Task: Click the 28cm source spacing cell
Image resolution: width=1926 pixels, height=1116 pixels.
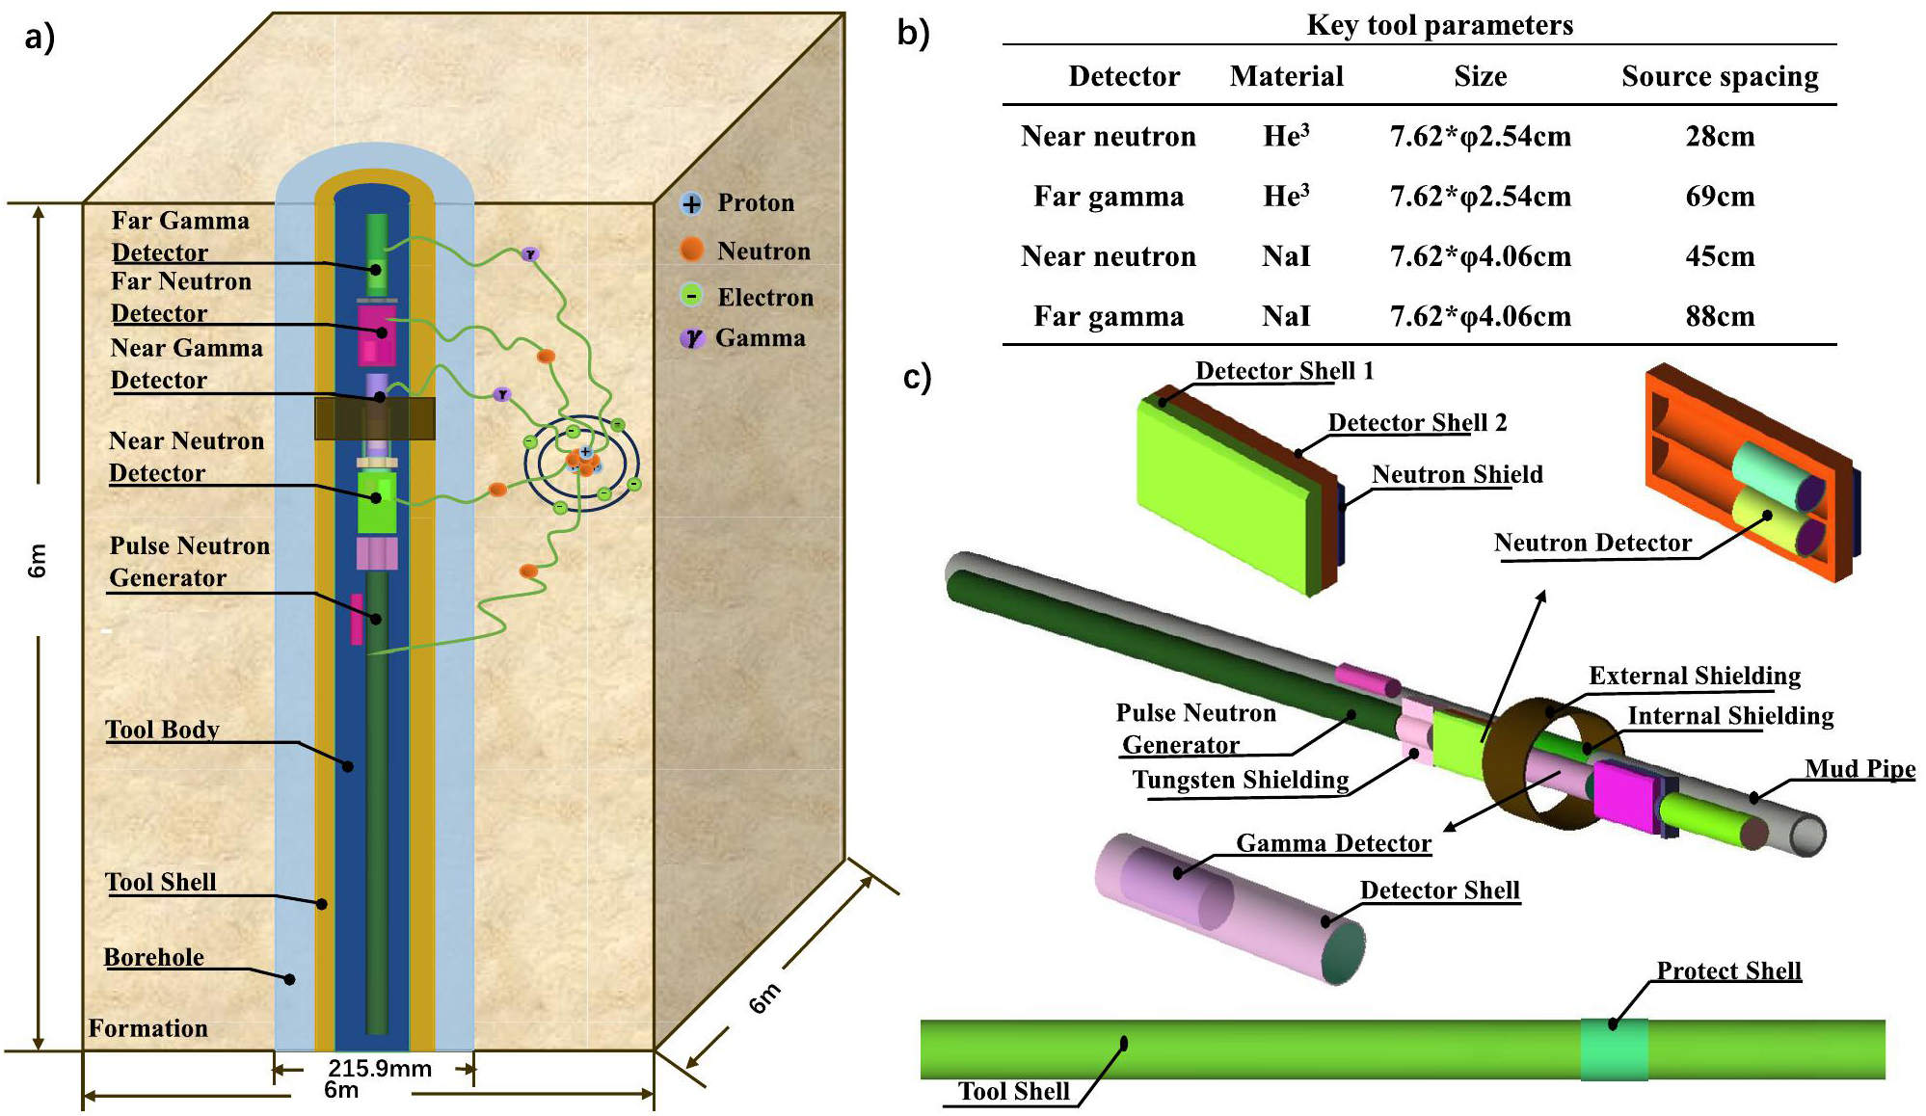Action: coord(1720,137)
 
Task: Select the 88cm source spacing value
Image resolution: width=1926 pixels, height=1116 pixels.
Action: coord(1720,316)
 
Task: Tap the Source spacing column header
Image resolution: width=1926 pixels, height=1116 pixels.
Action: coord(1720,76)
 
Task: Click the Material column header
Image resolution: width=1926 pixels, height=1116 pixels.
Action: coord(1286,76)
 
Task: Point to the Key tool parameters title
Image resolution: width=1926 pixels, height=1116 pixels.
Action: coord(1439,25)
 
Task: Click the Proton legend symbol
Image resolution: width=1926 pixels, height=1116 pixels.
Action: coord(691,203)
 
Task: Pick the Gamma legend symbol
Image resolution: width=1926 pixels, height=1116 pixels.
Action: coord(692,338)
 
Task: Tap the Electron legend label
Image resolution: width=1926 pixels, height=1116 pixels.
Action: coord(765,297)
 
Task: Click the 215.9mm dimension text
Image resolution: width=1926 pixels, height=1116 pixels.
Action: coord(379,1068)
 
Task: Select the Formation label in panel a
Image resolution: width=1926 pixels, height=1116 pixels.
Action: coord(148,1028)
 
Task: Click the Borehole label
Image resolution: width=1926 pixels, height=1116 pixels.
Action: coord(154,957)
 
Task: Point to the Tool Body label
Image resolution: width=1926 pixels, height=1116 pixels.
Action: coord(162,730)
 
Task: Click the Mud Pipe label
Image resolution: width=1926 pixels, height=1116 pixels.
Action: coord(1859,768)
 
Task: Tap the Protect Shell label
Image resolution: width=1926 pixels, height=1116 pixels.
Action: coord(1728,970)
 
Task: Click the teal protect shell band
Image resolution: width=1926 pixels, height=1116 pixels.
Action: coord(1614,1050)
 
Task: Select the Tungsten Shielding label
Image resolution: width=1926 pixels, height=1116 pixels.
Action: coord(1240,780)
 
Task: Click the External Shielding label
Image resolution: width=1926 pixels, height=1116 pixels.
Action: coord(1695,676)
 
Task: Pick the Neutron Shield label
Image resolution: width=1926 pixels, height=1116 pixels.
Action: coord(1457,474)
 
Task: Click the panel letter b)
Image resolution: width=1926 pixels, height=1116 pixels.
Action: coord(913,33)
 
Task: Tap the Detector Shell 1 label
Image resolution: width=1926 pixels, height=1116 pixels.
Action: coord(1284,371)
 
